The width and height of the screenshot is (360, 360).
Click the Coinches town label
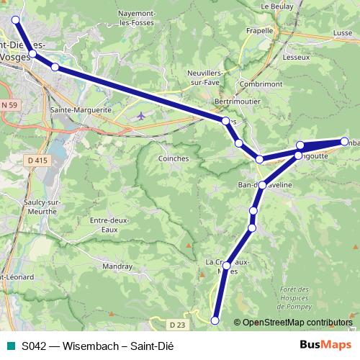pyautogui.click(x=173, y=158)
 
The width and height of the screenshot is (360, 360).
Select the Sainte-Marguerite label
pyautogui.click(x=81, y=110)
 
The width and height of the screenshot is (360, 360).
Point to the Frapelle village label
pyautogui.click(x=259, y=31)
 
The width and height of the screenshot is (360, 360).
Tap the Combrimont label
pyautogui.click(x=262, y=84)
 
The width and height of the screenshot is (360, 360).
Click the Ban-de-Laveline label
pyautogui.click(x=264, y=185)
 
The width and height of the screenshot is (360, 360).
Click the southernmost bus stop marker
pyautogui.click(x=215, y=320)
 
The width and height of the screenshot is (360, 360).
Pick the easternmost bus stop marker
pyautogui.click(x=344, y=141)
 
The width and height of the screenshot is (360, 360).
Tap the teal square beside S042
pyautogui.click(x=9, y=346)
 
